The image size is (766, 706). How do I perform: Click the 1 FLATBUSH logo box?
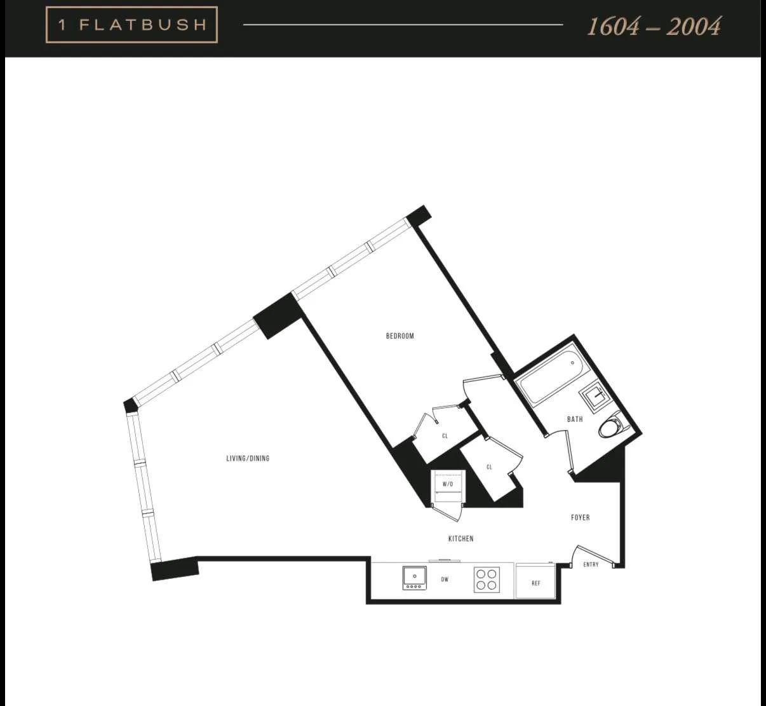[131, 25]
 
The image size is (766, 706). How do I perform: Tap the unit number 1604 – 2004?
[654, 26]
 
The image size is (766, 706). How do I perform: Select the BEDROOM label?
[400, 336]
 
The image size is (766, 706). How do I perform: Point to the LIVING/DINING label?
[248, 458]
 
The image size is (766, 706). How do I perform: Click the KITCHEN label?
[460, 538]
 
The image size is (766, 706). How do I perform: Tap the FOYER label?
[580, 517]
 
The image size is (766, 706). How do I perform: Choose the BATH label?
[575, 419]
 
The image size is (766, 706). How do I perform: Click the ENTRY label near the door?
[591, 564]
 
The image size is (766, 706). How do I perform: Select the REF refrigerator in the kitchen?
[535, 582]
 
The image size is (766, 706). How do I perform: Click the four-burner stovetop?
[487, 580]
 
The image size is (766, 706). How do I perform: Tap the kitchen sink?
[415, 577]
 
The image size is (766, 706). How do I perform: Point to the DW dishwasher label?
[445, 579]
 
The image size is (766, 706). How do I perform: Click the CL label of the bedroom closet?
[445, 436]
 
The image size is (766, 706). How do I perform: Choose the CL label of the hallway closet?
[489, 467]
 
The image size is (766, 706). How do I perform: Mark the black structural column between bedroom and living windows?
[277, 316]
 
